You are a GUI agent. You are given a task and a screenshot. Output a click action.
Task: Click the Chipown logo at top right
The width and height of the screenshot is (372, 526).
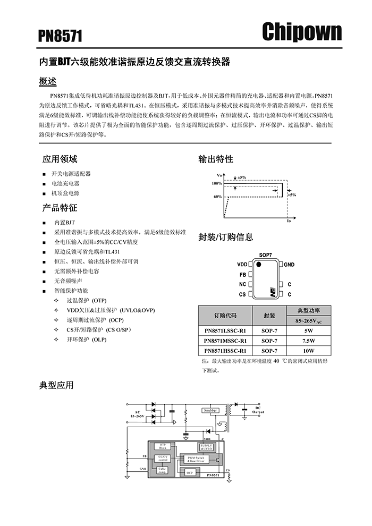click(302, 32)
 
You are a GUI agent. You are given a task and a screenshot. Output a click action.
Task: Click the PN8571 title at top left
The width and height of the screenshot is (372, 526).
click(60, 36)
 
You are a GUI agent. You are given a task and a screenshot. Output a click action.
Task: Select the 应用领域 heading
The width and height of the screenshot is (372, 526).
click(60, 159)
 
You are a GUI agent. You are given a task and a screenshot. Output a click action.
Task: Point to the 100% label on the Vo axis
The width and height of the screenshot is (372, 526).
click(217, 183)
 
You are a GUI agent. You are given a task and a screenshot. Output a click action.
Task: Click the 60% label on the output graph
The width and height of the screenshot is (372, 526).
click(217, 197)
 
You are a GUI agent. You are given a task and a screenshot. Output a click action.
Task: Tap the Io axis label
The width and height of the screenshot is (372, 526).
click(289, 220)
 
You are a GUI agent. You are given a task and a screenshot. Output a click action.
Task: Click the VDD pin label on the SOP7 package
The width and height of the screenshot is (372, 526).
click(242, 264)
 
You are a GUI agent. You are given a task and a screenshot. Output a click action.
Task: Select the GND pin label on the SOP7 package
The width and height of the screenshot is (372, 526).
click(289, 264)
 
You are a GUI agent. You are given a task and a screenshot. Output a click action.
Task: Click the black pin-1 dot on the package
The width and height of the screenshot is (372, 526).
click(259, 264)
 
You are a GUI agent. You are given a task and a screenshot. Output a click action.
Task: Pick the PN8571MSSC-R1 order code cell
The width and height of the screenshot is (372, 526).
click(225, 341)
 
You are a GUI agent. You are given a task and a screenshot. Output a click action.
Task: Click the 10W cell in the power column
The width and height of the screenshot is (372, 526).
click(309, 351)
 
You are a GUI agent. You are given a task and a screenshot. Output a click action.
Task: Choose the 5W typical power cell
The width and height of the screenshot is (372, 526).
click(309, 330)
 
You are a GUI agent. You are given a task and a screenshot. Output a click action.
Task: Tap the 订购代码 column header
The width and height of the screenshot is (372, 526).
click(225, 315)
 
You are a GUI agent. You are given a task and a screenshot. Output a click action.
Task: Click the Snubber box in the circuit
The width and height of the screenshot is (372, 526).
click(210, 410)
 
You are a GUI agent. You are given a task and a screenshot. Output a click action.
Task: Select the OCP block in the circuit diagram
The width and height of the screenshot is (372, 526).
click(189, 472)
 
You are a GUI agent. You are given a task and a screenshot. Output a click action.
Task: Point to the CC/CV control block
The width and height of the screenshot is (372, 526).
click(163, 458)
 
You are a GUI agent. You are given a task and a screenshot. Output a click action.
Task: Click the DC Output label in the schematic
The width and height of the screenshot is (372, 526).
click(258, 410)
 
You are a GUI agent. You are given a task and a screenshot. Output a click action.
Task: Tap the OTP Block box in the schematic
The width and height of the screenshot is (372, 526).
click(163, 446)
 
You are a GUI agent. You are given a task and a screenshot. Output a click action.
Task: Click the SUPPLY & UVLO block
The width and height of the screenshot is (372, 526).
click(207, 447)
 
